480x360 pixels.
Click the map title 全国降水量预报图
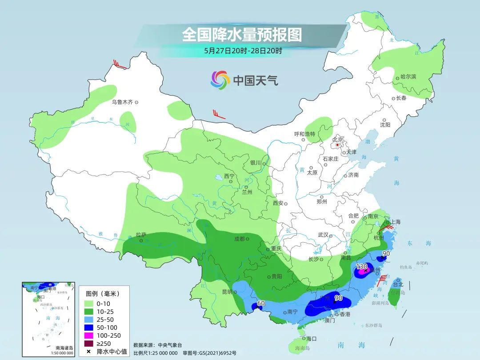[x=241, y=35]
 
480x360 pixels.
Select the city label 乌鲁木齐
[x=122, y=102]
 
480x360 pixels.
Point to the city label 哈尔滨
[x=408, y=77]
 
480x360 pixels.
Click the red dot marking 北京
[x=337, y=144]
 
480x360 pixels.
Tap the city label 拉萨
[x=140, y=234]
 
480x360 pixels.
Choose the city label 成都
[x=239, y=239]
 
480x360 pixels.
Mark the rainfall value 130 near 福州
[x=361, y=266]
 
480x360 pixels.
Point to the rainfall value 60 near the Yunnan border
[x=261, y=303]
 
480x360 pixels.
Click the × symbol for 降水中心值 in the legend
[x=89, y=352]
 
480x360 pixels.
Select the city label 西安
[x=278, y=203]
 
